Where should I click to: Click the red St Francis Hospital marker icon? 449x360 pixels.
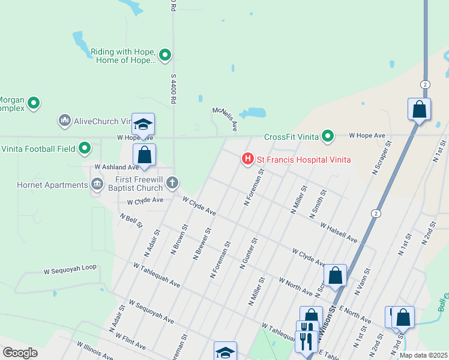pyautogui.click(x=247, y=159)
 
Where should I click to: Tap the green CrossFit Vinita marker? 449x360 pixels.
pyautogui.click(x=327, y=137)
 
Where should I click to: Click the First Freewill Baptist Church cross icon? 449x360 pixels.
pyautogui.click(x=172, y=182)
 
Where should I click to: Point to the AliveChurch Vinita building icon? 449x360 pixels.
pyautogui.click(x=65, y=121)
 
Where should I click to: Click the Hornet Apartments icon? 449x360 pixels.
pyautogui.click(x=96, y=185)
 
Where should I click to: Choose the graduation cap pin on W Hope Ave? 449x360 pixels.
pyautogui.click(x=143, y=125)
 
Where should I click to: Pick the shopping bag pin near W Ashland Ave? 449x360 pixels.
pyautogui.click(x=144, y=155)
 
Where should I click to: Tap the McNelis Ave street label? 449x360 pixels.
pyautogui.click(x=225, y=119)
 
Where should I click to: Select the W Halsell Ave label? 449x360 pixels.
pyautogui.click(x=339, y=233)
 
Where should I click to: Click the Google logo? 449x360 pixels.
pyautogui.click(x=20, y=352)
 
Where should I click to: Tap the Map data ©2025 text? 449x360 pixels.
pyautogui.click(x=423, y=355)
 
